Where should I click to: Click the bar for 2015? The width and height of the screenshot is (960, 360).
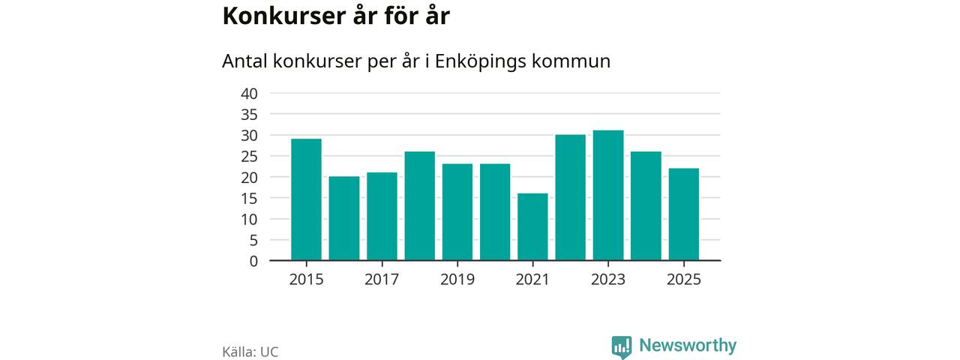coord(306,199)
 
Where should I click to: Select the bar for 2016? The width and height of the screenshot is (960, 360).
coord(344,218)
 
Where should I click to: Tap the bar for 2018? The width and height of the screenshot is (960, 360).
coord(419,205)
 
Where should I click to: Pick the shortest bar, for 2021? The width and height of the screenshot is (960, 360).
coord(532,226)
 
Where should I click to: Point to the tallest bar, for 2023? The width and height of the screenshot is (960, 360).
coord(608,195)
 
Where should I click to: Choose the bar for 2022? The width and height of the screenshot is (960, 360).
coord(570,197)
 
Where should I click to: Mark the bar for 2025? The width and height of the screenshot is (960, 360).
coord(683,214)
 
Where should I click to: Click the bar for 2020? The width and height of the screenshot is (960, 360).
coord(495,212)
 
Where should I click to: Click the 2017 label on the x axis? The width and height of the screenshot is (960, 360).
coord(382,280)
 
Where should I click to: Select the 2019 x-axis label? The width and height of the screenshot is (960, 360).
coord(457,280)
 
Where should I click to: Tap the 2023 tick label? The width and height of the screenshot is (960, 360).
coord(608,280)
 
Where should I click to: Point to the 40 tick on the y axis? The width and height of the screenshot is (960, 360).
coord(249,94)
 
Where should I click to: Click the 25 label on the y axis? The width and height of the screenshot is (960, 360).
coord(249,157)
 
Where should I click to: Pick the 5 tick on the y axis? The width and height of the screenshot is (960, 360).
coord(253,241)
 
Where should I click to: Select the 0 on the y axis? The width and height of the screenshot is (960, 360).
coord(253,261)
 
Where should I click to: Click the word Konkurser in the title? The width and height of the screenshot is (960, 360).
coord(277,16)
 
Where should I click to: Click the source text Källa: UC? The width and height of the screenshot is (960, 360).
coord(250,352)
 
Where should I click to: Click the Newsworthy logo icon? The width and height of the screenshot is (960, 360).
coord(621,346)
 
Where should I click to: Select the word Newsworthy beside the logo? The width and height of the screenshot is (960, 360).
coord(688,346)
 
